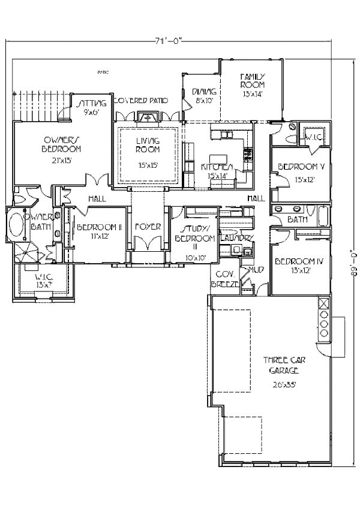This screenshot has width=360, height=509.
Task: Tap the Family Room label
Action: click(252, 80)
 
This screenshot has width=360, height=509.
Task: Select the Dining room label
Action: click(204, 91)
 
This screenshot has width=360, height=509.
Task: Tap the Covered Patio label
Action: click(140, 100)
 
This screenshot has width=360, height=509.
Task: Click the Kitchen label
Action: click(217, 166)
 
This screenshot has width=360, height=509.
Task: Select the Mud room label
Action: click(256, 269)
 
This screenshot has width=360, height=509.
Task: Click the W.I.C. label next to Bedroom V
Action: click(314, 137)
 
